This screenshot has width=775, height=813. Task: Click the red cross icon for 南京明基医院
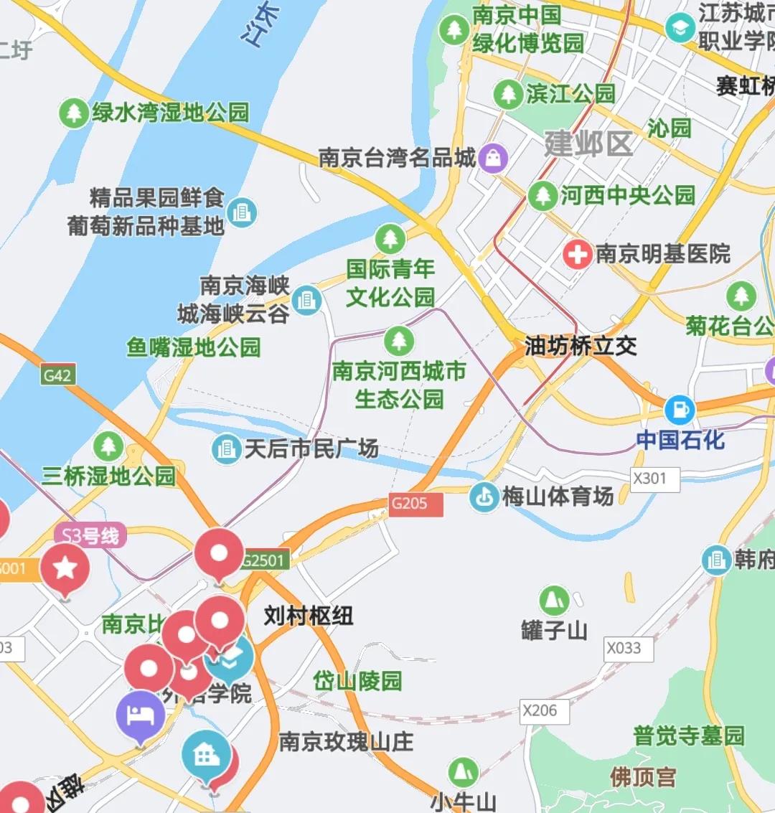577,255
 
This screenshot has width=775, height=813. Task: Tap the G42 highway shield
57,375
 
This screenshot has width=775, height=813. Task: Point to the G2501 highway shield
264,560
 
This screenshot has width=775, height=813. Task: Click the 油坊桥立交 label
581,347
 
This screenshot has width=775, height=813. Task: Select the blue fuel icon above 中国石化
680,410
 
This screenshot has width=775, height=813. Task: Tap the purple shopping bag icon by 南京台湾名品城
493,158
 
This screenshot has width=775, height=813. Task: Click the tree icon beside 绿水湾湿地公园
72,113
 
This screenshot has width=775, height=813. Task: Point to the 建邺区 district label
588,144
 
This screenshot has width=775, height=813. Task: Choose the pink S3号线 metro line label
90,536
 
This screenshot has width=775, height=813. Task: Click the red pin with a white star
65,568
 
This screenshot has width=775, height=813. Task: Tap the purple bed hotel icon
141,715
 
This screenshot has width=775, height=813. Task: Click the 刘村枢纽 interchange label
308,616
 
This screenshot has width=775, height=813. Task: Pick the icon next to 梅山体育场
484,497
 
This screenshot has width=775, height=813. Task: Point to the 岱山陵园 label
357,680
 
